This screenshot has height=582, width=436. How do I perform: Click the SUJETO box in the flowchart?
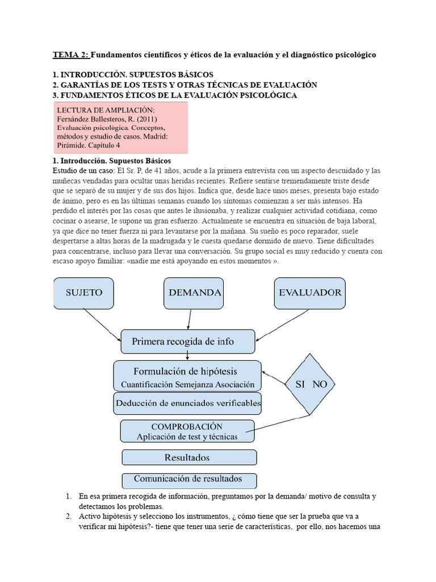point(85,293)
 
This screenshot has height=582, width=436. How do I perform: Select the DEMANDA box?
point(194,293)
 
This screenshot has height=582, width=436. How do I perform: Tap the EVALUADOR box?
point(310,293)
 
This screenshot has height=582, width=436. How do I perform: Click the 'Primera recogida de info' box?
point(187,342)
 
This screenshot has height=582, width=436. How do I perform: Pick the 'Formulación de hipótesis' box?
point(187,376)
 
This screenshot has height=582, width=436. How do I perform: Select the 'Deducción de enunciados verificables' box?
point(187,404)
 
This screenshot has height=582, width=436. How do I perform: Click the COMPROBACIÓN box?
point(187,431)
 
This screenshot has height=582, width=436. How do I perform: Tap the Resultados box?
point(189,458)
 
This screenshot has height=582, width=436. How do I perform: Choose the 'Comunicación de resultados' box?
point(189,479)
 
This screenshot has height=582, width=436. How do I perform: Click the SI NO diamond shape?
point(311,384)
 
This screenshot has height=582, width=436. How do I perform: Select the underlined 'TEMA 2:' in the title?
point(71,55)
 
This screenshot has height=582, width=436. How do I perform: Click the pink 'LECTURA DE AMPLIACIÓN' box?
point(121,128)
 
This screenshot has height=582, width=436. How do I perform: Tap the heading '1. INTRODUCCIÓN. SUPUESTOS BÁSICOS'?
point(133,74)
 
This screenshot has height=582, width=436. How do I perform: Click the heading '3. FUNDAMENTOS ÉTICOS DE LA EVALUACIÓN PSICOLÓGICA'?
point(175,95)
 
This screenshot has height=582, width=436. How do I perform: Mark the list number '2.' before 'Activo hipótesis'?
point(68,517)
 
